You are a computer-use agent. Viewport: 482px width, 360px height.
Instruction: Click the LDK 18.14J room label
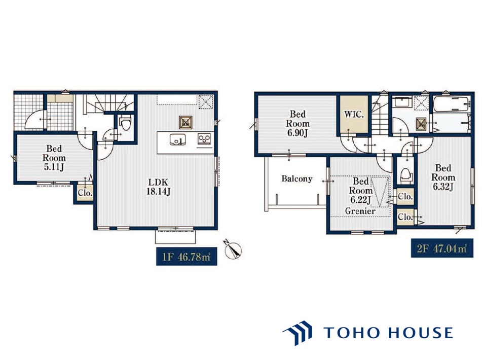click(x=158, y=187)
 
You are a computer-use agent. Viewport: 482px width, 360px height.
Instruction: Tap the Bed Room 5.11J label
click(x=54, y=158)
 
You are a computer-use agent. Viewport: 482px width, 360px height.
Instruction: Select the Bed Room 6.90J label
click(x=298, y=124)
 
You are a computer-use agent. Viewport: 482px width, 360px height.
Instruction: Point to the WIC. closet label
click(x=354, y=115)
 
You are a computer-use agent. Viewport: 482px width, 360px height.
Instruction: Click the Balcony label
click(x=297, y=178)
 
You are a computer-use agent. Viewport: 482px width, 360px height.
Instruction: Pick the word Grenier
click(x=360, y=211)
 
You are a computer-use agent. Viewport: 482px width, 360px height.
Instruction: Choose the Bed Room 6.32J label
click(x=443, y=177)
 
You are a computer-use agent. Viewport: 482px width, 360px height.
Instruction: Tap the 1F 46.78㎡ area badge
click(x=187, y=257)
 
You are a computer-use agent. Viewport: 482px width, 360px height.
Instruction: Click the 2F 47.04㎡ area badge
click(x=442, y=248)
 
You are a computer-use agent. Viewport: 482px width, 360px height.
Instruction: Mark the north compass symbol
click(x=233, y=249)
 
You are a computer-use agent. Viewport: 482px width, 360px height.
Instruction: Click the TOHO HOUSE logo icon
click(x=298, y=333)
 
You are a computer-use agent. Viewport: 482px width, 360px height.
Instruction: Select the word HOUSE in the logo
click(x=420, y=333)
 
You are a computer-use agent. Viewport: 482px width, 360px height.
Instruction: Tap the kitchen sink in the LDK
click(x=178, y=139)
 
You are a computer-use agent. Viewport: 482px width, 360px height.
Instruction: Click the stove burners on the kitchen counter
click(x=204, y=138)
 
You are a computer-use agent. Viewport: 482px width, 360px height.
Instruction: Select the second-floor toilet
click(x=406, y=175)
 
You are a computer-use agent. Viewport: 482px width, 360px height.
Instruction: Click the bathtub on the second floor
click(x=451, y=104)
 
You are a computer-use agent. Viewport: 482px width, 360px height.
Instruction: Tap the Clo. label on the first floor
click(x=85, y=193)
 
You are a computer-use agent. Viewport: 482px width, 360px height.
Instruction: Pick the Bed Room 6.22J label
click(x=360, y=190)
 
